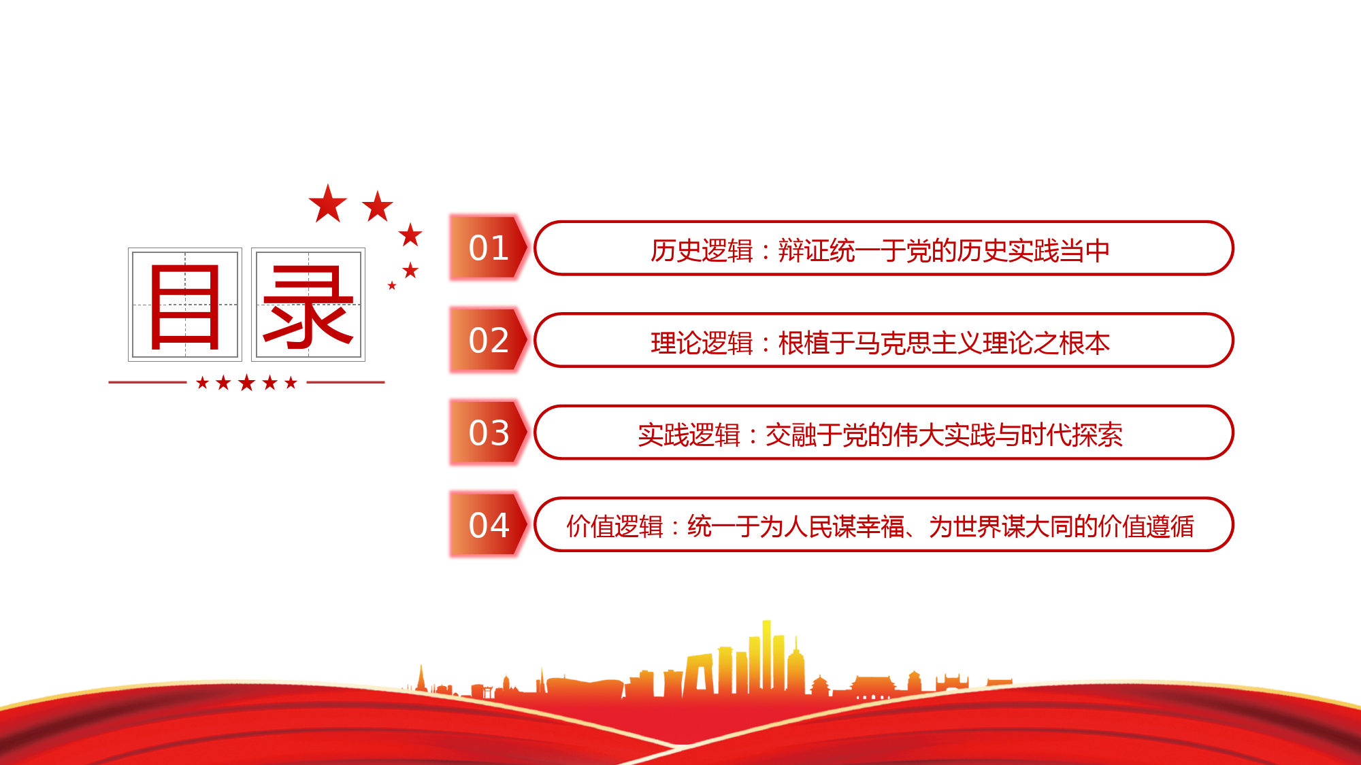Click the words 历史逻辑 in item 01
pyautogui.click(x=702, y=251)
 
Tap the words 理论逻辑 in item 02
pyautogui.click(x=702, y=343)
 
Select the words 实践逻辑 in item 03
pyautogui.click(x=689, y=435)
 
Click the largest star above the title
pyautogui.click(x=328, y=204)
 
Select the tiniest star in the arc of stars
pyautogui.click(x=392, y=286)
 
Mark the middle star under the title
pyautogui.click(x=246, y=383)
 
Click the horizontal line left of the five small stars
pyautogui.click(x=147, y=382)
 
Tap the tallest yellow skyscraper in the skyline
pyautogui.click(x=767, y=656)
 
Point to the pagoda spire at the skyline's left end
pyautogui.click(x=421, y=677)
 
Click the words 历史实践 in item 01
pyautogui.click(x=1008, y=251)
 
